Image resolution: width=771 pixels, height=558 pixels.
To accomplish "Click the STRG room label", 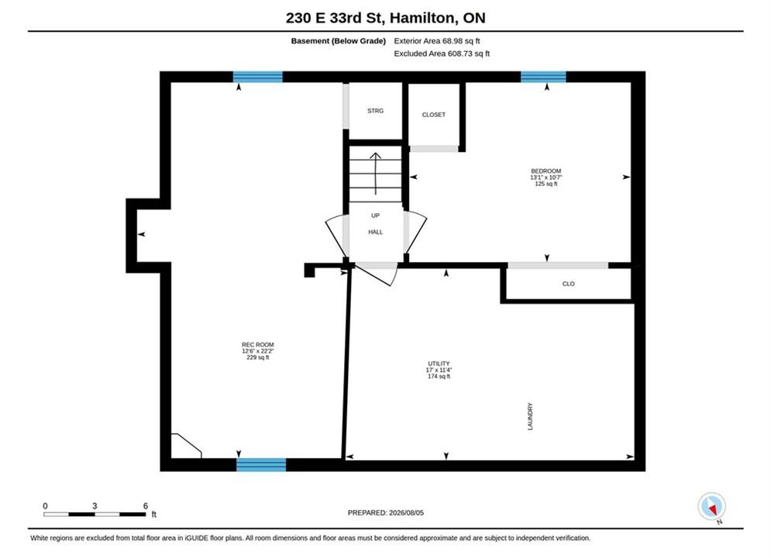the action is [375, 111].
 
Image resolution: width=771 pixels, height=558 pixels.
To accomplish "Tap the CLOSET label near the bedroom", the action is [434, 115].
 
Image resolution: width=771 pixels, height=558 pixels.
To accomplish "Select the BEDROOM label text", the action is [546, 171].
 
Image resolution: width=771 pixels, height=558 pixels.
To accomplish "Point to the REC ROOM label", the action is [258, 345].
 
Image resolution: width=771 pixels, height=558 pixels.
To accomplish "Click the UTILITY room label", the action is [439, 363].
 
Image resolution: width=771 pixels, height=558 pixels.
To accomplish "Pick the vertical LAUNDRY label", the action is [530, 416].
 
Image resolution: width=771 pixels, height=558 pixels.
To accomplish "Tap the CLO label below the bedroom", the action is [569, 284].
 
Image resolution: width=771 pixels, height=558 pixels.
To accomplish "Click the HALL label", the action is [375, 232].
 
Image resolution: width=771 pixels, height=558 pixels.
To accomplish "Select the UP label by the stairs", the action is [375, 215].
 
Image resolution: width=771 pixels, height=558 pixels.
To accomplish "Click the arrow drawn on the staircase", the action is [375, 174].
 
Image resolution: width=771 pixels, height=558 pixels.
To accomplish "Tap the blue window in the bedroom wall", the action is [543, 77].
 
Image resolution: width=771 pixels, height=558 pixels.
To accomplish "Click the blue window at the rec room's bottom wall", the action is [261, 464].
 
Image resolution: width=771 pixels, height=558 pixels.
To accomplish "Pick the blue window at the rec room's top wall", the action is [258, 77].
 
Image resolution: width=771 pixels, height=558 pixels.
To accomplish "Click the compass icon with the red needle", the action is [711, 506].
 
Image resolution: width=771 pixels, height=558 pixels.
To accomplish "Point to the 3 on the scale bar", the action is [95, 506].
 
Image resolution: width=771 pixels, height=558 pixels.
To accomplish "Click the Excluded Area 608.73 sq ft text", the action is [442, 53].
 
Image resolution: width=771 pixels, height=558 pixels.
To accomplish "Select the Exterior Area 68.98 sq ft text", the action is [436, 41].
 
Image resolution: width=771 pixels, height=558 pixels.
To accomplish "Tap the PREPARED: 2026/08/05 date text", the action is [386, 513].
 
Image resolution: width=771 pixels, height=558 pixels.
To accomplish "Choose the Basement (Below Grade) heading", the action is [339, 41].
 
